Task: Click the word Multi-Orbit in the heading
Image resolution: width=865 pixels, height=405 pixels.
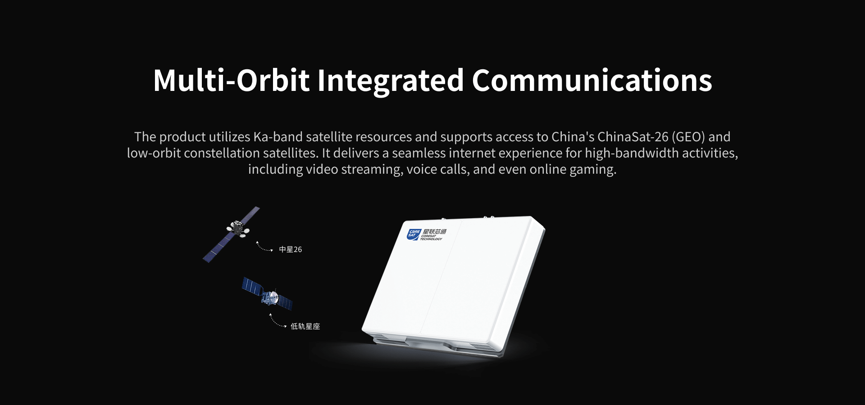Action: click(x=232, y=81)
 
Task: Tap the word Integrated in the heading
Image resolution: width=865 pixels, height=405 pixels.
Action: click(x=391, y=81)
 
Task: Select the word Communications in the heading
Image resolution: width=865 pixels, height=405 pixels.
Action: click(x=592, y=81)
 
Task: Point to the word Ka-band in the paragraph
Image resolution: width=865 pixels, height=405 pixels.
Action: click(x=278, y=137)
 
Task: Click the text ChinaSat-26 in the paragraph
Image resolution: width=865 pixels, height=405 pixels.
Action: click(x=633, y=137)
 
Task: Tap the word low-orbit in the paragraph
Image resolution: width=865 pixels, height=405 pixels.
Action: click(x=154, y=153)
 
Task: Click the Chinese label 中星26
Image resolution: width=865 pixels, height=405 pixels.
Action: click(x=291, y=249)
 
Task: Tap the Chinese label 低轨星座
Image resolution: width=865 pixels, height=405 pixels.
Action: click(x=305, y=326)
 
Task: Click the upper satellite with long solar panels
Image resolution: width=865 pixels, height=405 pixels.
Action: click(x=232, y=234)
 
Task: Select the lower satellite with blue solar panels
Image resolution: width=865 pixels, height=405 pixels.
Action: click(x=268, y=294)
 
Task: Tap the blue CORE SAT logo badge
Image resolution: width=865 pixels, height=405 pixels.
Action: click(x=414, y=234)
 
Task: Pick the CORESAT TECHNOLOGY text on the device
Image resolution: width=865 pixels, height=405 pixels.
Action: click(x=431, y=238)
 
